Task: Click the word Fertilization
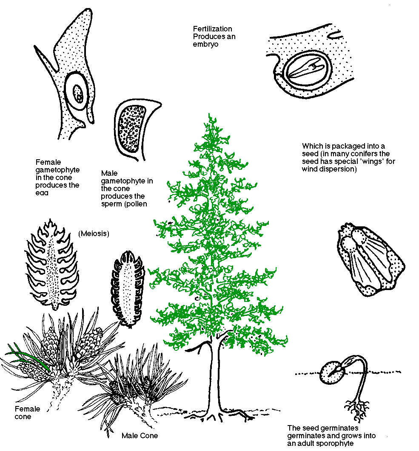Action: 212,29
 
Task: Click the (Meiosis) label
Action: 94,234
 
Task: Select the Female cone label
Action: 27,412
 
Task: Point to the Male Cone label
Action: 140,436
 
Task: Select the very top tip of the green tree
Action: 210,116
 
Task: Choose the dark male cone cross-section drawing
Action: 127,289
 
